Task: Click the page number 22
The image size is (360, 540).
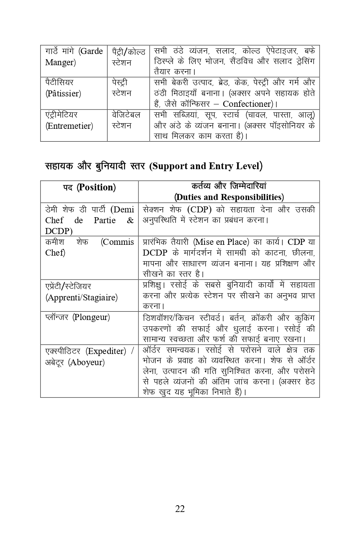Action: click(x=180, y=508)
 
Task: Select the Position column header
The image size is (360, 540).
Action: click(x=89, y=187)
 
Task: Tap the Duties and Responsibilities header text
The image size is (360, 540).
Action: click(x=229, y=197)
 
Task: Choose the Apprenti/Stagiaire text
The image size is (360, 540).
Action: click(x=82, y=298)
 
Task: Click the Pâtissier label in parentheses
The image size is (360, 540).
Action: click(x=63, y=94)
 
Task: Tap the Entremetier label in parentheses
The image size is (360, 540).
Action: click(x=69, y=126)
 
